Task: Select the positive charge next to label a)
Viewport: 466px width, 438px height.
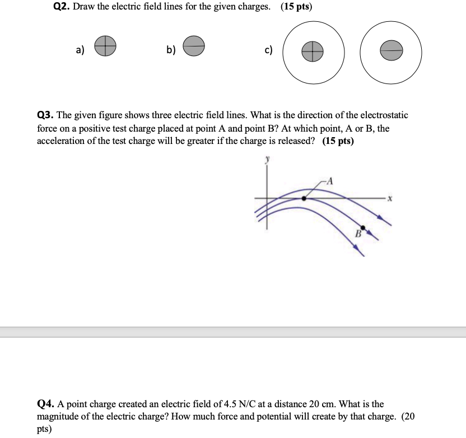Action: [105, 46]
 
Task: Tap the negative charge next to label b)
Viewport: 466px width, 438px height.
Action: [194, 46]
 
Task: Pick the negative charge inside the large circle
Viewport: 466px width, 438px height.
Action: [391, 52]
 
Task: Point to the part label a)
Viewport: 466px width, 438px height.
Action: [80, 50]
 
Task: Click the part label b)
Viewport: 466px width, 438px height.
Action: [170, 50]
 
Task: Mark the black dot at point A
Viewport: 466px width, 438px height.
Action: [304, 198]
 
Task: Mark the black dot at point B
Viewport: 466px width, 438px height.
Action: [363, 227]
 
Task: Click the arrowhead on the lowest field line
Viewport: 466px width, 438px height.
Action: [363, 254]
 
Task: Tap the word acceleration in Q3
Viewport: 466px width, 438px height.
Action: [62, 141]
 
